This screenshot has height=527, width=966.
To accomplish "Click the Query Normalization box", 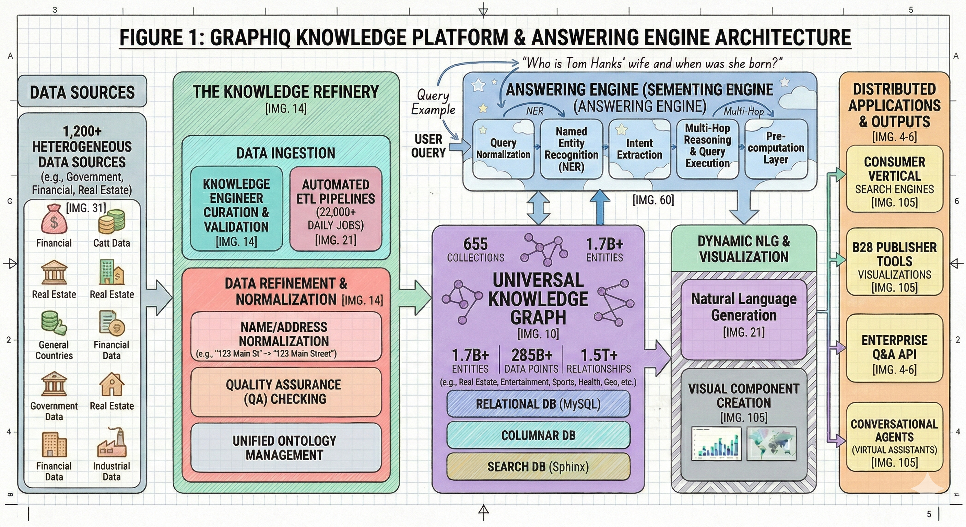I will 503,149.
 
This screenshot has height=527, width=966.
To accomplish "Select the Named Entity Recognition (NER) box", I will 571,149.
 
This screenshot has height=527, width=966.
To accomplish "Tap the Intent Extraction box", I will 639,149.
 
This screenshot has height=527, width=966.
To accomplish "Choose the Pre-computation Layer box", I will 776,149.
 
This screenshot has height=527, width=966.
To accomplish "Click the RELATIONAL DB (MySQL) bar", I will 538,403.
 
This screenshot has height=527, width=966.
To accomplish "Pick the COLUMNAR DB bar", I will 538,435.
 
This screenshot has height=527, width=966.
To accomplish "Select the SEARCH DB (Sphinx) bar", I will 538,467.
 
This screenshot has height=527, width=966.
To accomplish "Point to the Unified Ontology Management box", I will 284,447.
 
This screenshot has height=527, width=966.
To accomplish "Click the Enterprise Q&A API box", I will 894,354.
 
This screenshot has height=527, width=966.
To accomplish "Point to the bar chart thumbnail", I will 716,443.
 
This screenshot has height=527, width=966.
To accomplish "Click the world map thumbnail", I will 771,443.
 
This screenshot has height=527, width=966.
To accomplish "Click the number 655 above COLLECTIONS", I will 475,244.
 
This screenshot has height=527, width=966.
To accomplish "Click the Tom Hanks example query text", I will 652,63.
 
